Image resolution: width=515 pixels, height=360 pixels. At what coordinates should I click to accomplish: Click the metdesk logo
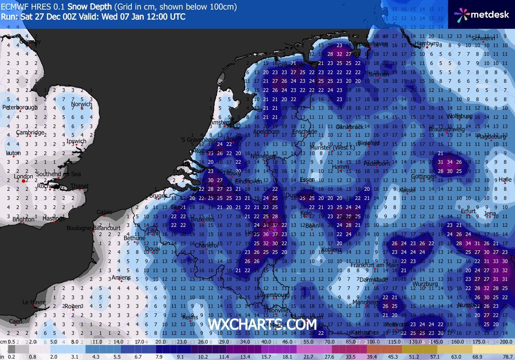click(x=481, y=14)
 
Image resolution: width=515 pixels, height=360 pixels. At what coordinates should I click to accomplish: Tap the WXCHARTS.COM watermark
click(x=262, y=324)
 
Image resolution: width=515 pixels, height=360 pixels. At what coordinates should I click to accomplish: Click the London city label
click(x=23, y=176)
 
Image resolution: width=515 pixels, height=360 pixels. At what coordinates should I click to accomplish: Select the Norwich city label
click(x=82, y=104)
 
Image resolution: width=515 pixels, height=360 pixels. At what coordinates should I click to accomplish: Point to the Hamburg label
click(x=427, y=44)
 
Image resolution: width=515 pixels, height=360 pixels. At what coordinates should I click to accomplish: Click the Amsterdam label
click(x=222, y=123)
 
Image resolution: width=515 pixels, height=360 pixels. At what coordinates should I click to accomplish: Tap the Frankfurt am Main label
click(x=374, y=265)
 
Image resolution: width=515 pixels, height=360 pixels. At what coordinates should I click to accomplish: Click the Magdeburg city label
click(x=491, y=136)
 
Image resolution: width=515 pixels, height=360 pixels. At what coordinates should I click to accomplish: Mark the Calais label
click(x=104, y=212)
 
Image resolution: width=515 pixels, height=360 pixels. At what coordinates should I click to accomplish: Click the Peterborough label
click(x=20, y=107)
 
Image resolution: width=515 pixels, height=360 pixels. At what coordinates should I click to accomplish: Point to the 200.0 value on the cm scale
click(x=505, y=342)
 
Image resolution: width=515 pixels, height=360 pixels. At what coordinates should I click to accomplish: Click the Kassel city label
click(x=407, y=189)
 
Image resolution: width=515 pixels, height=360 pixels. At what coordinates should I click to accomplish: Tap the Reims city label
click(x=190, y=317)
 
